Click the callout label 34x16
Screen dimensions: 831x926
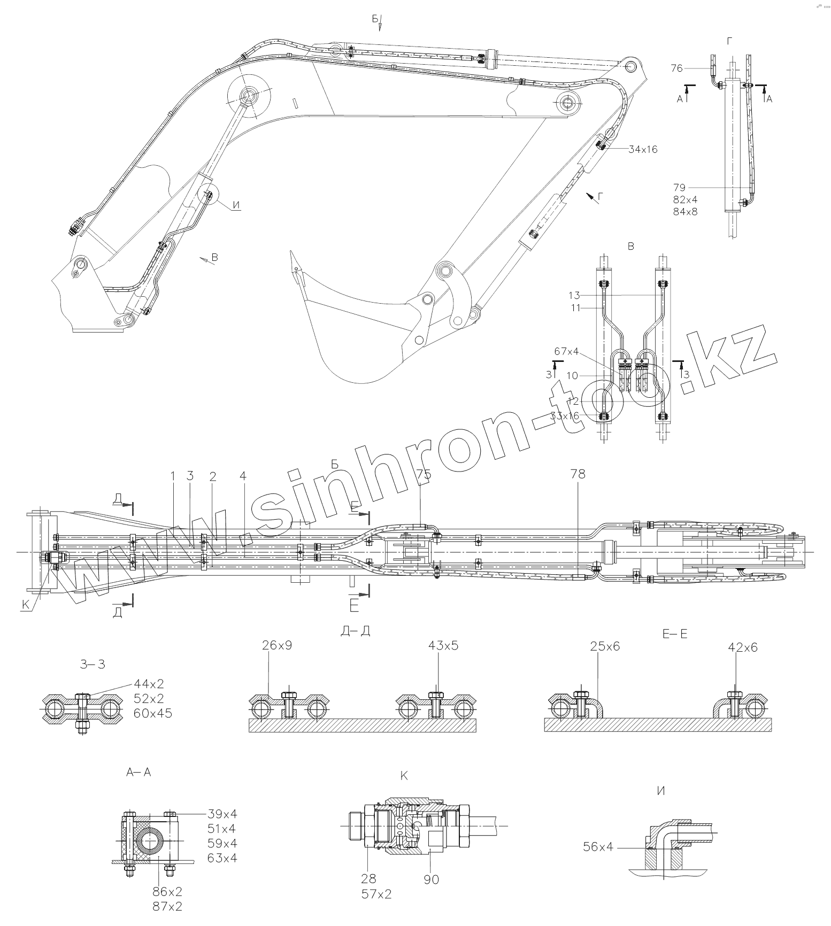(643, 150)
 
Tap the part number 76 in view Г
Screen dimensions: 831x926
(677, 68)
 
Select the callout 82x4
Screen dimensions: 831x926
(686, 199)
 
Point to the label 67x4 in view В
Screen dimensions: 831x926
(567, 351)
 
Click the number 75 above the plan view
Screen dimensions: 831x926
(424, 474)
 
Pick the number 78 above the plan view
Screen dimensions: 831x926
(578, 474)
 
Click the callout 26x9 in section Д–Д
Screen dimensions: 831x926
(277, 645)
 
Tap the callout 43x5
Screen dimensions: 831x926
(443, 645)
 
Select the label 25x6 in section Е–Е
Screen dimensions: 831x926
(605, 646)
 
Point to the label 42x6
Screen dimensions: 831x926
(743, 647)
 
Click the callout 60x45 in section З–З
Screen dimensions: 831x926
(153, 713)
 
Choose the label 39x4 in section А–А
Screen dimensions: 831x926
(222, 814)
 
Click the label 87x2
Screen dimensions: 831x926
(168, 906)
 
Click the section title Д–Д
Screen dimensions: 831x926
(355, 631)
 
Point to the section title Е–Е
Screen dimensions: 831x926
(675, 634)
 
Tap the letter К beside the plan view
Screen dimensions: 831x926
(25, 605)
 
